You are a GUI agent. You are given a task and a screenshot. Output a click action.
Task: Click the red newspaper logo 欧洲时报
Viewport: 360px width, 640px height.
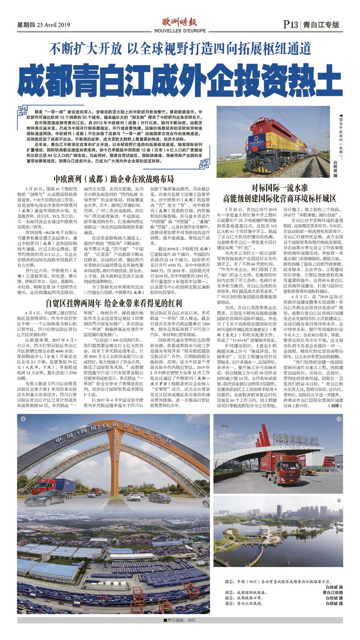click(180, 22)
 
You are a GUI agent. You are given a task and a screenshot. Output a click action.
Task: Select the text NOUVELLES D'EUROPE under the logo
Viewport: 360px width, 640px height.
click(180, 31)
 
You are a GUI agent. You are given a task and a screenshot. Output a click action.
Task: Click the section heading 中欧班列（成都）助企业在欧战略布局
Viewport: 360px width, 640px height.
click(113, 179)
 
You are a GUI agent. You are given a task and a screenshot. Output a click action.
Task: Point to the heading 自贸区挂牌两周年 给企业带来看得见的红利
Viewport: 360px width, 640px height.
click(113, 303)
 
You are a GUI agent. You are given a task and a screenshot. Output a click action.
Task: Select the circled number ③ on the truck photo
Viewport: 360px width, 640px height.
click(339, 419)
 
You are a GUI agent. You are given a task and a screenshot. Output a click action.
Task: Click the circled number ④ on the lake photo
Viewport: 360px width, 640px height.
click(339, 500)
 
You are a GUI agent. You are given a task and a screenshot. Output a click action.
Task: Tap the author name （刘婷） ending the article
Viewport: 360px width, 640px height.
click(334, 406)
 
